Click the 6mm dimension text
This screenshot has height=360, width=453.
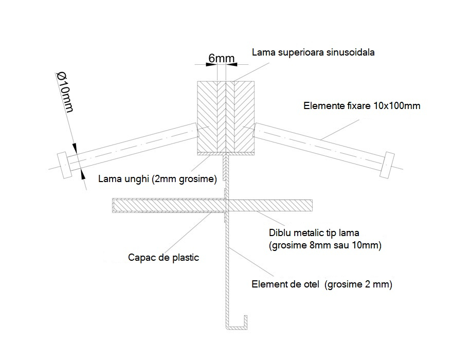[221, 58]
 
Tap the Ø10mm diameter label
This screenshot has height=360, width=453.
[65, 93]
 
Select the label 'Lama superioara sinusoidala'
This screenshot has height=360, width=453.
[313, 52]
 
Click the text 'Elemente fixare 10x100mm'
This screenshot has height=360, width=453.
[361, 106]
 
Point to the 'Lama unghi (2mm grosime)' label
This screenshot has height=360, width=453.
[157, 179]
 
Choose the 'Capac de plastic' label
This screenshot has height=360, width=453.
[164, 258]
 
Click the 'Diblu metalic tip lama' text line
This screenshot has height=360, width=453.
[314, 232]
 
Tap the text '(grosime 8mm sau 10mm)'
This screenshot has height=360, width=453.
[325, 245]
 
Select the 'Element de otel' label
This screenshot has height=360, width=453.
[285, 284]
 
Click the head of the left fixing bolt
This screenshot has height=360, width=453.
[64, 165]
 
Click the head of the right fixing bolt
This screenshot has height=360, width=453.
[387, 165]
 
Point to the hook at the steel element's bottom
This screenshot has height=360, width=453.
[237, 326]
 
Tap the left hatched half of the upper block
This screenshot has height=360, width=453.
[211, 117]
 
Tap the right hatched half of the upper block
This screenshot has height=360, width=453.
[240, 117]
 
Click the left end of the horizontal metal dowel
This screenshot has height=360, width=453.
[113, 205]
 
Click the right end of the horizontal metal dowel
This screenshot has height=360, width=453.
[312, 206]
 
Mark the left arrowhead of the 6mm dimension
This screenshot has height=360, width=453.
[211, 64]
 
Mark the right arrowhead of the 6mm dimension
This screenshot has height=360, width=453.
[232, 64]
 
